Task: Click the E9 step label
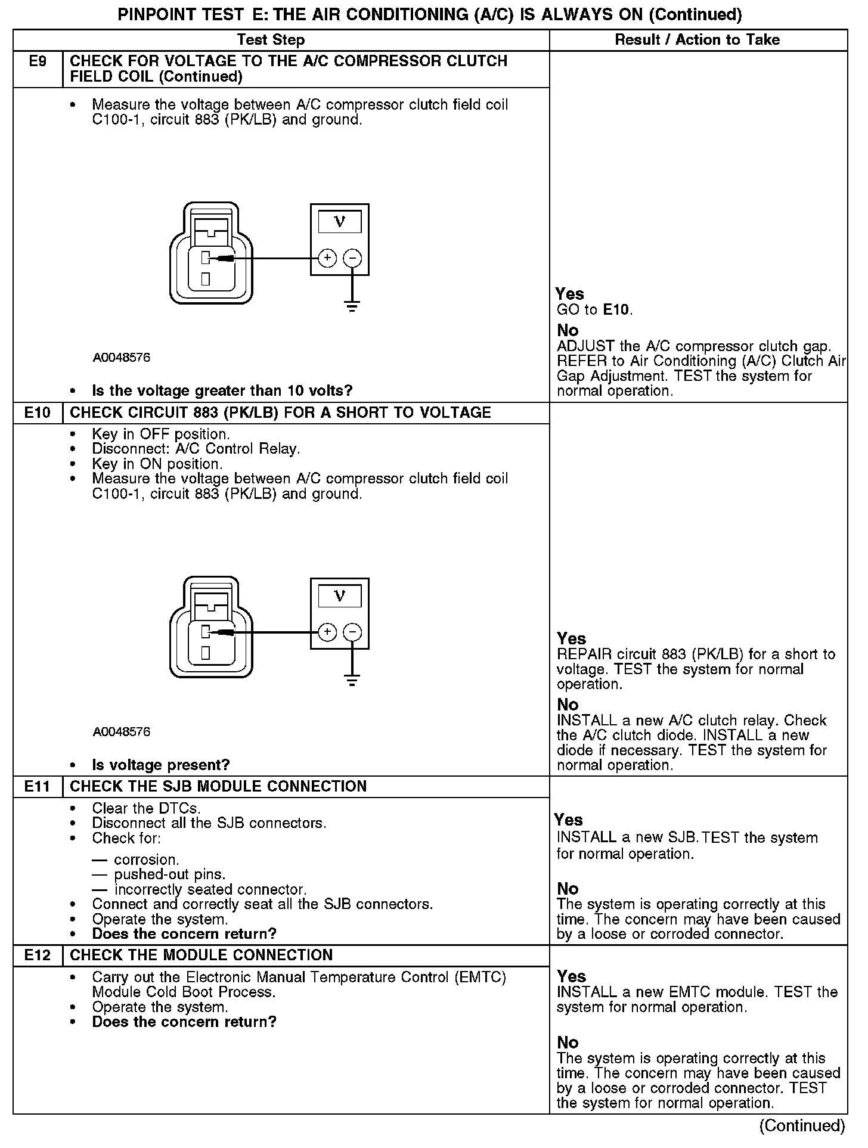(38, 61)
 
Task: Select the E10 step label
(38, 412)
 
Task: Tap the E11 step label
(38, 786)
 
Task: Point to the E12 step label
(38, 955)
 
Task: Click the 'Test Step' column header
(271, 40)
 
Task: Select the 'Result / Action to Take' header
(697, 40)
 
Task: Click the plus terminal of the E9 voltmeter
(327, 258)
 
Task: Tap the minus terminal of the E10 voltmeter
(353, 632)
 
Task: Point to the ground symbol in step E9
(352, 307)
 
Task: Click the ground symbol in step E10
(352, 681)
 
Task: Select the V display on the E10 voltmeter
(340, 596)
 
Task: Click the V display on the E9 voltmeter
(340, 222)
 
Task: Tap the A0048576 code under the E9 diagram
(122, 358)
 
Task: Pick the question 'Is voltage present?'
(161, 765)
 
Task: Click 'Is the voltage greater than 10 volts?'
(222, 391)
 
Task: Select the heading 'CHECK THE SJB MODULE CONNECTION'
(218, 786)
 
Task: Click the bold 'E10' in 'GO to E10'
(616, 310)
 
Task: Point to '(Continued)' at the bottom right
(802, 1125)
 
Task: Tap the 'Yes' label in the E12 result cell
(571, 976)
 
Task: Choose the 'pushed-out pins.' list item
(170, 874)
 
